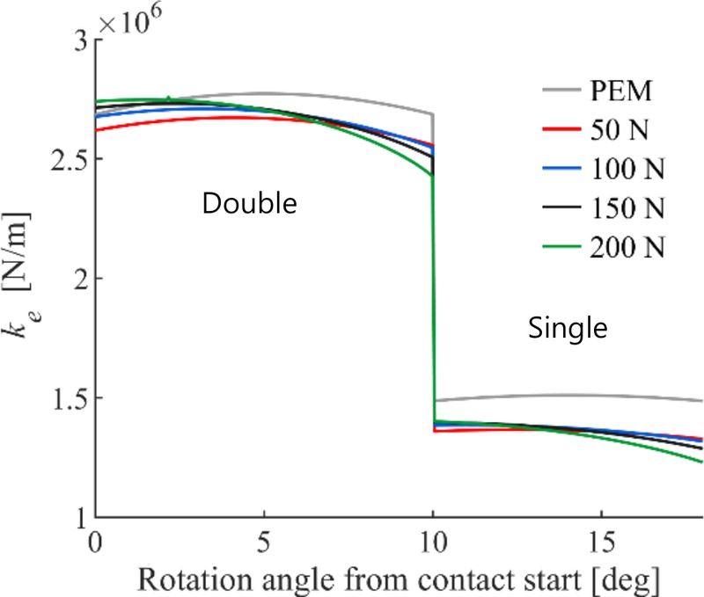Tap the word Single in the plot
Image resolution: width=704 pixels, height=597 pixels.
coord(568,329)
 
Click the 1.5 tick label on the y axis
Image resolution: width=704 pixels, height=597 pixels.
coord(71,398)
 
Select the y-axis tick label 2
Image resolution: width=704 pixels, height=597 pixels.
coord(80,279)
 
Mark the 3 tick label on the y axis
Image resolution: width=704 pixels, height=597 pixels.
coord(80,40)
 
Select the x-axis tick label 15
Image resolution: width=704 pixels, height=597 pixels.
coord(601,535)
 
